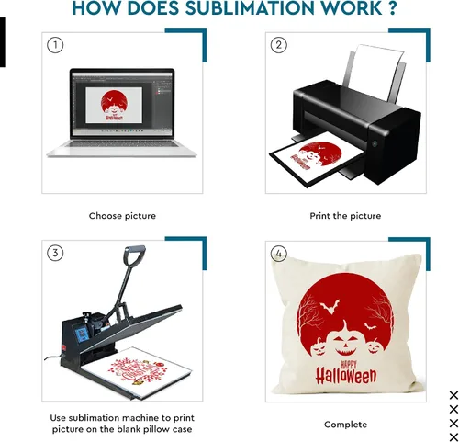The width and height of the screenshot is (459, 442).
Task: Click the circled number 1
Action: [x=55, y=45]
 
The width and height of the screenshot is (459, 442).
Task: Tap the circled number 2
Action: [x=279, y=45]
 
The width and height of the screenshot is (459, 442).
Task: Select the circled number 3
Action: [x=55, y=253]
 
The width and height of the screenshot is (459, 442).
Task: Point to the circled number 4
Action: [x=279, y=254]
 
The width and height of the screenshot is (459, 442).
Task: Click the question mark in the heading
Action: [x=392, y=8]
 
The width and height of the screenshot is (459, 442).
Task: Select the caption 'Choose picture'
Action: [x=122, y=216]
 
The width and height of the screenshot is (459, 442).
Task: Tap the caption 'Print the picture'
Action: [x=345, y=216]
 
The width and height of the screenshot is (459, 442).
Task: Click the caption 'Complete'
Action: [x=345, y=425]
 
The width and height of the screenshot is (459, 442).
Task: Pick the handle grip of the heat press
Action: [x=134, y=255]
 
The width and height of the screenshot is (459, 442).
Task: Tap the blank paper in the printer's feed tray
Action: [x=374, y=72]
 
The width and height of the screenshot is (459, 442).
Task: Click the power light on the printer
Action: [x=375, y=143]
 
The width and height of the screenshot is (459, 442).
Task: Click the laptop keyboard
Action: [x=122, y=143]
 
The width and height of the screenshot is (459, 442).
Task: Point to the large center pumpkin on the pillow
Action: [x=346, y=341]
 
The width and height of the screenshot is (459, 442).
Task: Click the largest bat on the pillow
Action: [x=330, y=306]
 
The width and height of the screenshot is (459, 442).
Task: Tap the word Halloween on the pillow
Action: [x=346, y=376]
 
